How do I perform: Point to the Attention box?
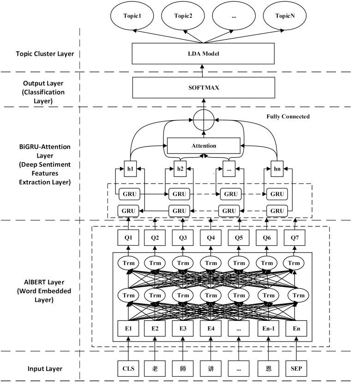click(x=204, y=146)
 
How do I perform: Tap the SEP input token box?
click(x=295, y=369)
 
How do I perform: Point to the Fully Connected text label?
click(x=288, y=117)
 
